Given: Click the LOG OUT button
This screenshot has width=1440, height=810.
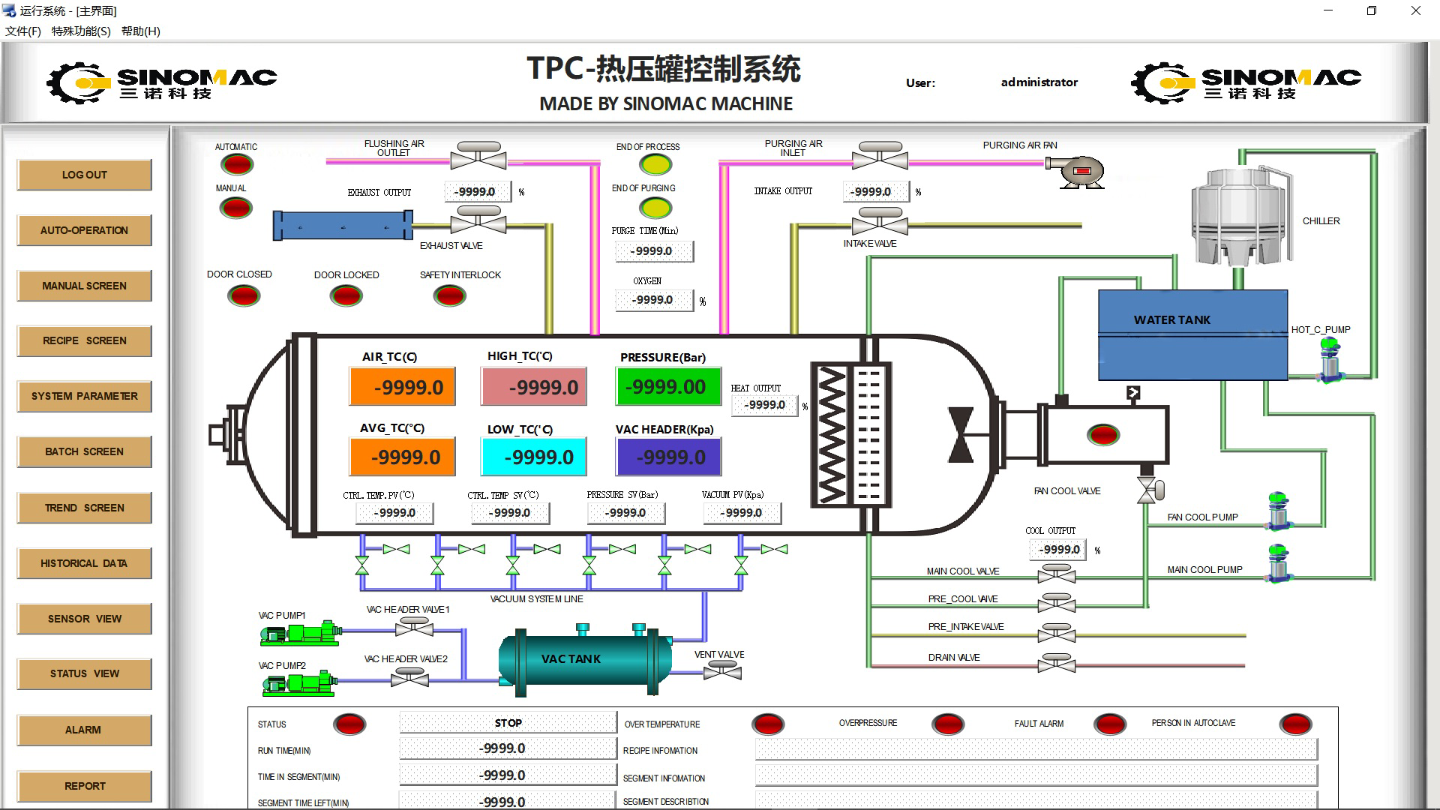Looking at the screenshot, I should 84,175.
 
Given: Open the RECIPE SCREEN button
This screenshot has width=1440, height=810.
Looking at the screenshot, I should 84,340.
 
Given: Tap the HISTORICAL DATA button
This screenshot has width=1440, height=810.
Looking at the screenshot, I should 84,563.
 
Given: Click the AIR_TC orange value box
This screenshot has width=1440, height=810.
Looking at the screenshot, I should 402,387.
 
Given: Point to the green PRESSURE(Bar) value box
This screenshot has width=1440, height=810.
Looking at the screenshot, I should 668,386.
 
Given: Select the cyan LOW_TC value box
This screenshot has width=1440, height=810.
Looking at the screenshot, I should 533,457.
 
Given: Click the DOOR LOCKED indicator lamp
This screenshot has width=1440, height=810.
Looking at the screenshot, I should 346,296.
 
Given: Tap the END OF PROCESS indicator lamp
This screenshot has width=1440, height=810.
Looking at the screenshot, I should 655,164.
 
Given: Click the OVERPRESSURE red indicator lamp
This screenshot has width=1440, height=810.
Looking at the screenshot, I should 948,724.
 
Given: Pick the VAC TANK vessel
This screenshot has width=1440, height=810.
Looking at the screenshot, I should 585,658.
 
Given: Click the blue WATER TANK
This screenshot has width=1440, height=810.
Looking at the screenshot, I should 1192,335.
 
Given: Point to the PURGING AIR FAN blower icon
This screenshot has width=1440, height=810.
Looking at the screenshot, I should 1078,172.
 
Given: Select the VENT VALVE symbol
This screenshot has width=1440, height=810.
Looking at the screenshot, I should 721,672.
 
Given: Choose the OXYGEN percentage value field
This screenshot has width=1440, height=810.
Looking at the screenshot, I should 653,300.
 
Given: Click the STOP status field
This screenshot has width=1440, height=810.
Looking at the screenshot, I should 508,723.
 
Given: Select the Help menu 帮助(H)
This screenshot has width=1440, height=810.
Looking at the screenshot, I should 140,31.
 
